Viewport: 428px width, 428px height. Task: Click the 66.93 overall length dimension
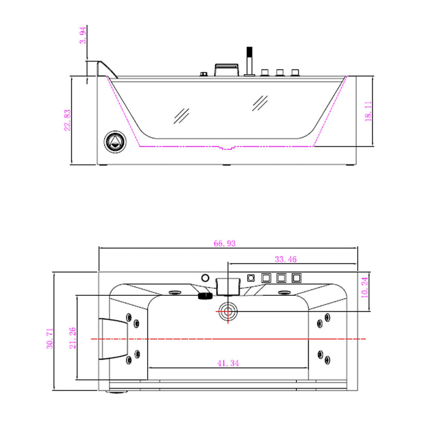pyautogui.click(x=225, y=243)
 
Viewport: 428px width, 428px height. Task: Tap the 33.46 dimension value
pyautogui.click(x=286, y=259)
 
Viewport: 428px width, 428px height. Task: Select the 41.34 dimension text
pyautogui.click(x=228, y=363)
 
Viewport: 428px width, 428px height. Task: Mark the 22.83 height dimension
pyautogui.click(x=67, y=120)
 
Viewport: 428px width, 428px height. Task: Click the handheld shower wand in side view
pyautogui.click(x=248, y=62)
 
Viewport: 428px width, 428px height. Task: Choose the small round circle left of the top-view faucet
pyautogui.click(x=204, y=278)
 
